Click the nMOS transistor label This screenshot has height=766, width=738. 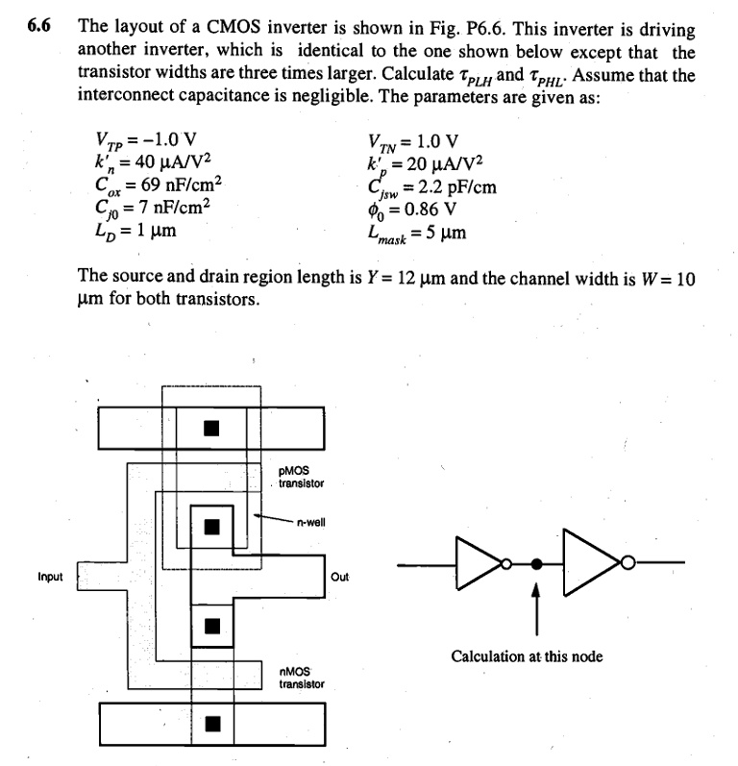click(301, 679)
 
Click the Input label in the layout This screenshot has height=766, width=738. click(50, 578)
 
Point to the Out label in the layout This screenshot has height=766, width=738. click(339, 578)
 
